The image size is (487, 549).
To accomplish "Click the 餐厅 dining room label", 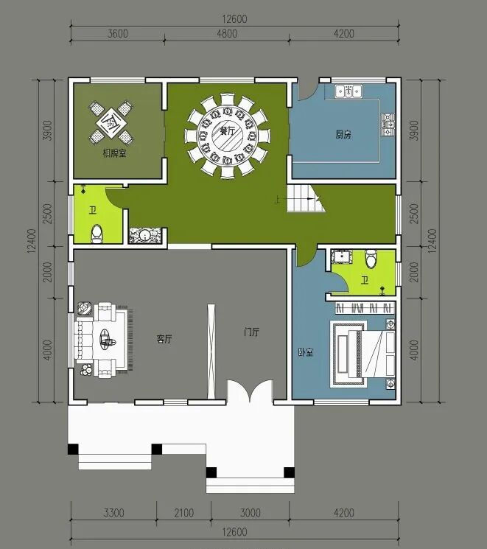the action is pyautogui.click(x=227, y=131).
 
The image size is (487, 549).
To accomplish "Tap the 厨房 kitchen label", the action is pyautogui.click(x=343, y=134).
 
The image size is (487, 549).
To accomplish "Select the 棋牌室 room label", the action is pyautogui.click(x=114, y=153).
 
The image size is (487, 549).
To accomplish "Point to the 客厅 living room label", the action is pyautogui.click(x=164, y=338).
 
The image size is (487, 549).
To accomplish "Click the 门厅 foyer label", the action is pyautogui.click(x=252, y=332).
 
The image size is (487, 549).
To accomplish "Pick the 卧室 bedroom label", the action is pyautogui.click(x=306, y=352).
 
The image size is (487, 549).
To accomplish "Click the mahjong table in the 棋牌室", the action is pyautogui.click(x=111, y=122).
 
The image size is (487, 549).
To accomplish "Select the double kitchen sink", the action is pyautogui.click(x=348, y=91).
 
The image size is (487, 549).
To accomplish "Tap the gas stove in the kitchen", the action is pyautogui.click(x=388, y=125).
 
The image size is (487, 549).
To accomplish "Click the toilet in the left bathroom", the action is pyautogui.click(x=97, y=234).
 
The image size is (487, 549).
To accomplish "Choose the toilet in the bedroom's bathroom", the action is pyautogui.click(x=371, y=258).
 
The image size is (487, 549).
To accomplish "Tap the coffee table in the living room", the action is pyautogui.click(x=106, y=338).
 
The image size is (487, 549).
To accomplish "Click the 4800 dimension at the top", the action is pyautogui.click(x=227, y=34).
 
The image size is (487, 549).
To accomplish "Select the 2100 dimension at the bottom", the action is pyautogui.click(x=183, y=513).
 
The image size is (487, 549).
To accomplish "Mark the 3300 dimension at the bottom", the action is pyautogui.click(x=113, y=513).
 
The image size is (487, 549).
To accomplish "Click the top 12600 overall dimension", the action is pyautogui.click(x=234, y=18).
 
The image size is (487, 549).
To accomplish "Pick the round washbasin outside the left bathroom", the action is pyautogui.click(x=145, y=235).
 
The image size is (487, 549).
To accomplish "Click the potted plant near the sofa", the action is pyautogui.click(x=86, y=370).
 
